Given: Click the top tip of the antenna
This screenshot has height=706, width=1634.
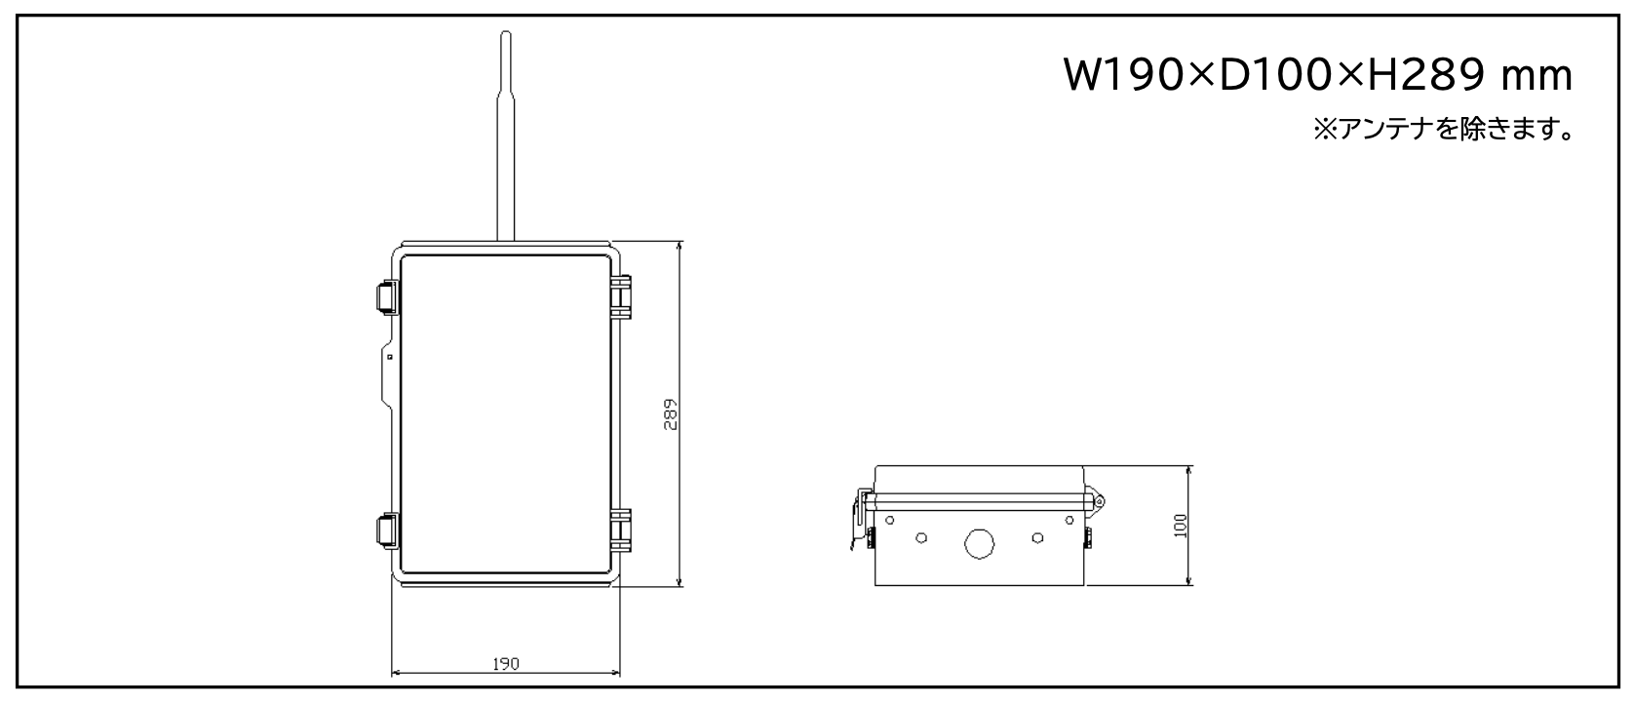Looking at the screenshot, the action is (505, 31).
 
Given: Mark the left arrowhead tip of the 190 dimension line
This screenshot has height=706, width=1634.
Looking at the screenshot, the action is (393, 673).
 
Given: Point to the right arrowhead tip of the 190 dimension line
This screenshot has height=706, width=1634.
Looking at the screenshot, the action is (619, 673).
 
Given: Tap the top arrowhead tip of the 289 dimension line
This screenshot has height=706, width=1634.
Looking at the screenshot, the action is (680, 242).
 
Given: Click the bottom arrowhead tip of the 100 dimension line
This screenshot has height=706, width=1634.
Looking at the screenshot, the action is (1189, 585).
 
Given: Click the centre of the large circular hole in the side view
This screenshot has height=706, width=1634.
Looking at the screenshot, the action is (979, 544).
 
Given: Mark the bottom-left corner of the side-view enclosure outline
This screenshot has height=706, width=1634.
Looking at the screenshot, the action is (875, 585).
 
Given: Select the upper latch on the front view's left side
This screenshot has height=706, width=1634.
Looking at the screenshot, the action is (387, 297).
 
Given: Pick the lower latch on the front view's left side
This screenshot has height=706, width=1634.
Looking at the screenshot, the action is (387, 530).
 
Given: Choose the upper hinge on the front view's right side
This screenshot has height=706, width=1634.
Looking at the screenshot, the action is (621, 297).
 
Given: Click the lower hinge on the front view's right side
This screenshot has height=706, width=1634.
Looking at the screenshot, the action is (621, 530).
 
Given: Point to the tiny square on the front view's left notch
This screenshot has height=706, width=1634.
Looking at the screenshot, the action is (390, 357).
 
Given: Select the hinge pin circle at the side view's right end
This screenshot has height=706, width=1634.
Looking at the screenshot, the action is (1100, 501).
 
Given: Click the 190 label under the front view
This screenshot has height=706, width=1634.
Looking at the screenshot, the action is (506, 664).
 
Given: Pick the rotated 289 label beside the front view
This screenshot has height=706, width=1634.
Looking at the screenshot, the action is (671, 414).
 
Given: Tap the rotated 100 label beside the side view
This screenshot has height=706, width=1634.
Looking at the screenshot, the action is (1181, 526).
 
